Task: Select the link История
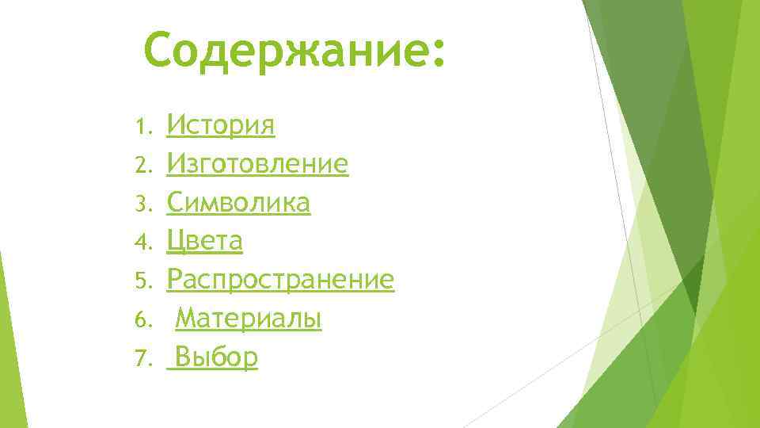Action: tap(221, 125)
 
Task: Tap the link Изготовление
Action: tap(257, 164)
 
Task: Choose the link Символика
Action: tap(238, 203)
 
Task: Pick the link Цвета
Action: tap(204, 241)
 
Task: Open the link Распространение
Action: tap(280, 280)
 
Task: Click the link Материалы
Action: tap(248, 319)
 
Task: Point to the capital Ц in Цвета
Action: tap(177, 242)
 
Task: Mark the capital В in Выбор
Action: tap(183, 357)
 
